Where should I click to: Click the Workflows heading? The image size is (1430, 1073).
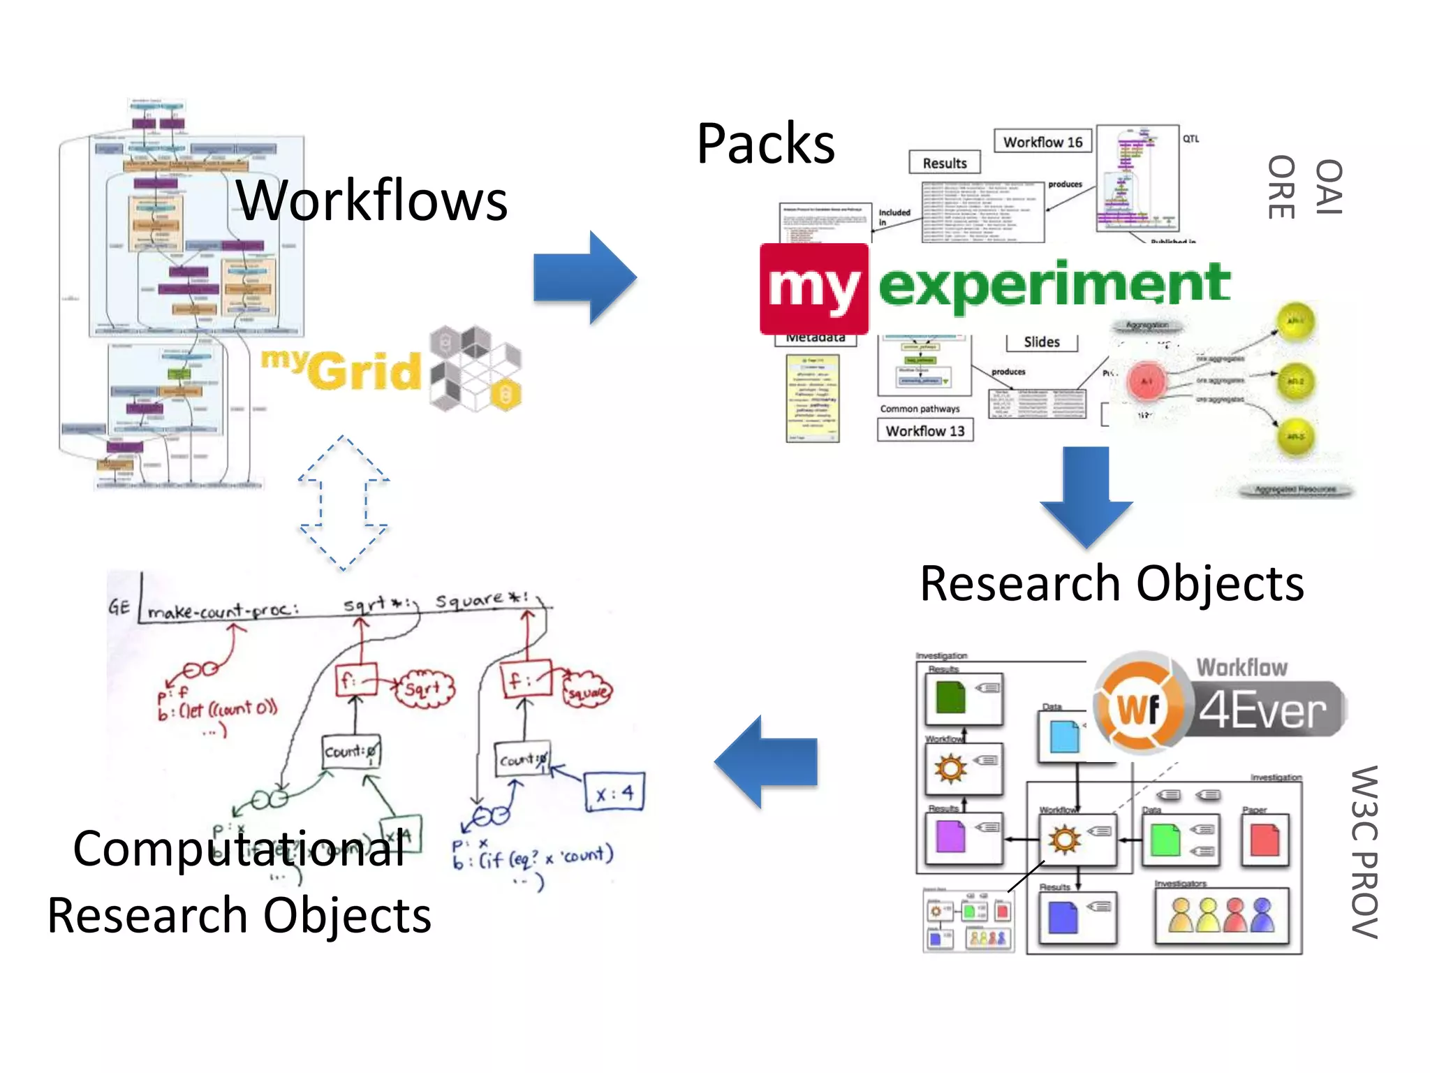(x=371, y=200)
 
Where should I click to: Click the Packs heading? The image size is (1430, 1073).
(x=765, y=144)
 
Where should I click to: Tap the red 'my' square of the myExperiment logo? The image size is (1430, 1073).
(x=814, y=289)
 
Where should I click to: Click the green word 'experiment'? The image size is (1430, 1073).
(x=1054, y=285)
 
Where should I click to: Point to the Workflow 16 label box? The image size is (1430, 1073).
(x=1042, y=142)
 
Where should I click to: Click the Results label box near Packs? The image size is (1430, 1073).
(x=944, y=163)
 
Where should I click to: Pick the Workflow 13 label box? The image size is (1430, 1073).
(x=924, y=430)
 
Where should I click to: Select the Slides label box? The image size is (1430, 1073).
(x=1041, y=342)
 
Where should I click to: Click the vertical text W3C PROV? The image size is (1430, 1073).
(x=1364, y=852)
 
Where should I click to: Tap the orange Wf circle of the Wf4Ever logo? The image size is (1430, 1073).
(x=1139, y=708)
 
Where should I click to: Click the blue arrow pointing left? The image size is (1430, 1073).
(x=767, y=761)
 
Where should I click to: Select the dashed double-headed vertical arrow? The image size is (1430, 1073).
(x=343, y=503)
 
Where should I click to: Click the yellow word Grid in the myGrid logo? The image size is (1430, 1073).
(x=364, y=371)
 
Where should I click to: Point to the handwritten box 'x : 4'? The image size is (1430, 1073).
(x=614, y=791)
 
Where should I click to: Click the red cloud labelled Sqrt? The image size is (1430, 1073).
(x=424, y=689)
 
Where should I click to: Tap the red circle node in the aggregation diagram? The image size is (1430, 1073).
(x=1147, y=381)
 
